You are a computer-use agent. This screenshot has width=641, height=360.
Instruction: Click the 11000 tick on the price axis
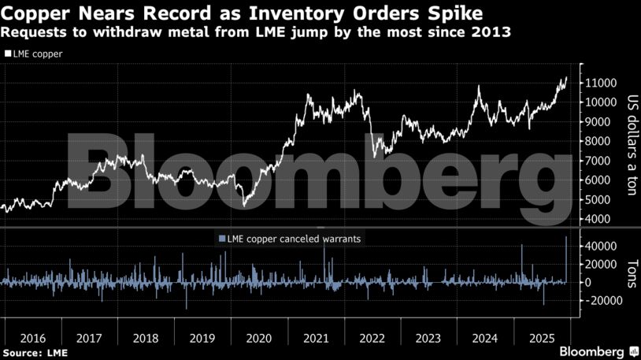coord(599,83)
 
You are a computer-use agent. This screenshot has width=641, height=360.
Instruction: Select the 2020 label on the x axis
coord(258,338)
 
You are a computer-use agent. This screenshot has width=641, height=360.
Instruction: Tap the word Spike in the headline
coord(457,14)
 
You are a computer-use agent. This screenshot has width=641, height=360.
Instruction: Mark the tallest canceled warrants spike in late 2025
coord(566,238)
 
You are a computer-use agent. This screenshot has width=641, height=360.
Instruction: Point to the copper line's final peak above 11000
coord(565,78)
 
